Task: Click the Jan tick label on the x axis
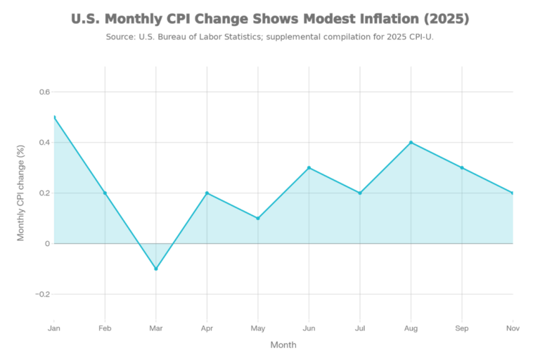53,328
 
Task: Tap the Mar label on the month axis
155,328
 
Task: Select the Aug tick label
411,328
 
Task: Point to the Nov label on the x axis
513,328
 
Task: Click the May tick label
258,328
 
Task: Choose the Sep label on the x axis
462,328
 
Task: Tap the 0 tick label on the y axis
47,243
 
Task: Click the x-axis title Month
283,345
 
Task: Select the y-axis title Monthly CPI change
21,192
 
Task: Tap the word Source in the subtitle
120,36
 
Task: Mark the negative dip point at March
155,270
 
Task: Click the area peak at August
411,141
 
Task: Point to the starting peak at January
54,115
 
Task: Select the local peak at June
309,166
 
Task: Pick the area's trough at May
258,217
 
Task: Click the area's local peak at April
207,191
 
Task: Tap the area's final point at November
513,191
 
